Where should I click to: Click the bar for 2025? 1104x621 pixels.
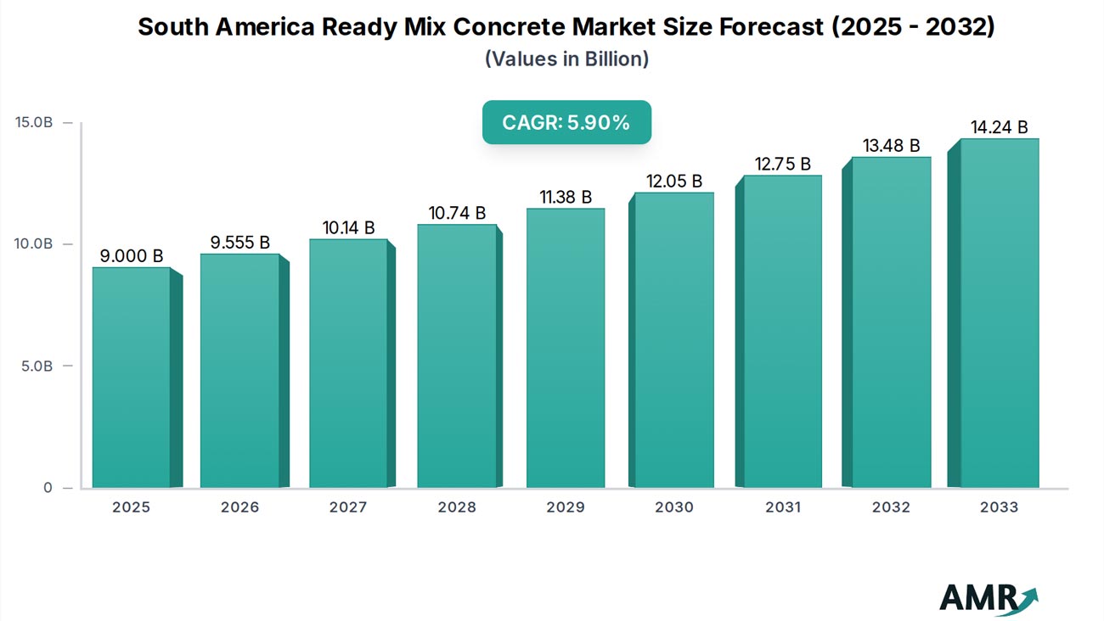point(132,378)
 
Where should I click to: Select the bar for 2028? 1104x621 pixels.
point(457,356)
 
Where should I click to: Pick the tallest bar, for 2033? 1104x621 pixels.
point(1000,313)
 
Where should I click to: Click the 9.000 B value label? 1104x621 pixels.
point(131,255)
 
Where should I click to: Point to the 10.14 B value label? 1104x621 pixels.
point(348,227)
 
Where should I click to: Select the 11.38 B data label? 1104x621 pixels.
point(566,197)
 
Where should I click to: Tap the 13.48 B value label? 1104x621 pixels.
point(891,146)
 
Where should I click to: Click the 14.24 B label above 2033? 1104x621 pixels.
point(1000,127)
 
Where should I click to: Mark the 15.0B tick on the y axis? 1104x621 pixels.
point(34,122)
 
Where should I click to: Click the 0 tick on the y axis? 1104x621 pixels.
point(46,489)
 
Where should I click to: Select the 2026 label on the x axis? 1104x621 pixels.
point(239,507)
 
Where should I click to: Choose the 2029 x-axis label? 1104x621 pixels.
point(566,507)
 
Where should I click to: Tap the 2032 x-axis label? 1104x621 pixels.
point(891,507)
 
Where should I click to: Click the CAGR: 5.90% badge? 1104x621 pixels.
point(566,122)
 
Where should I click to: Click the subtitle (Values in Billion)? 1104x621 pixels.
point(566,59)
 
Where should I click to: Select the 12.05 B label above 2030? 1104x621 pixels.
point(673,181)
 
